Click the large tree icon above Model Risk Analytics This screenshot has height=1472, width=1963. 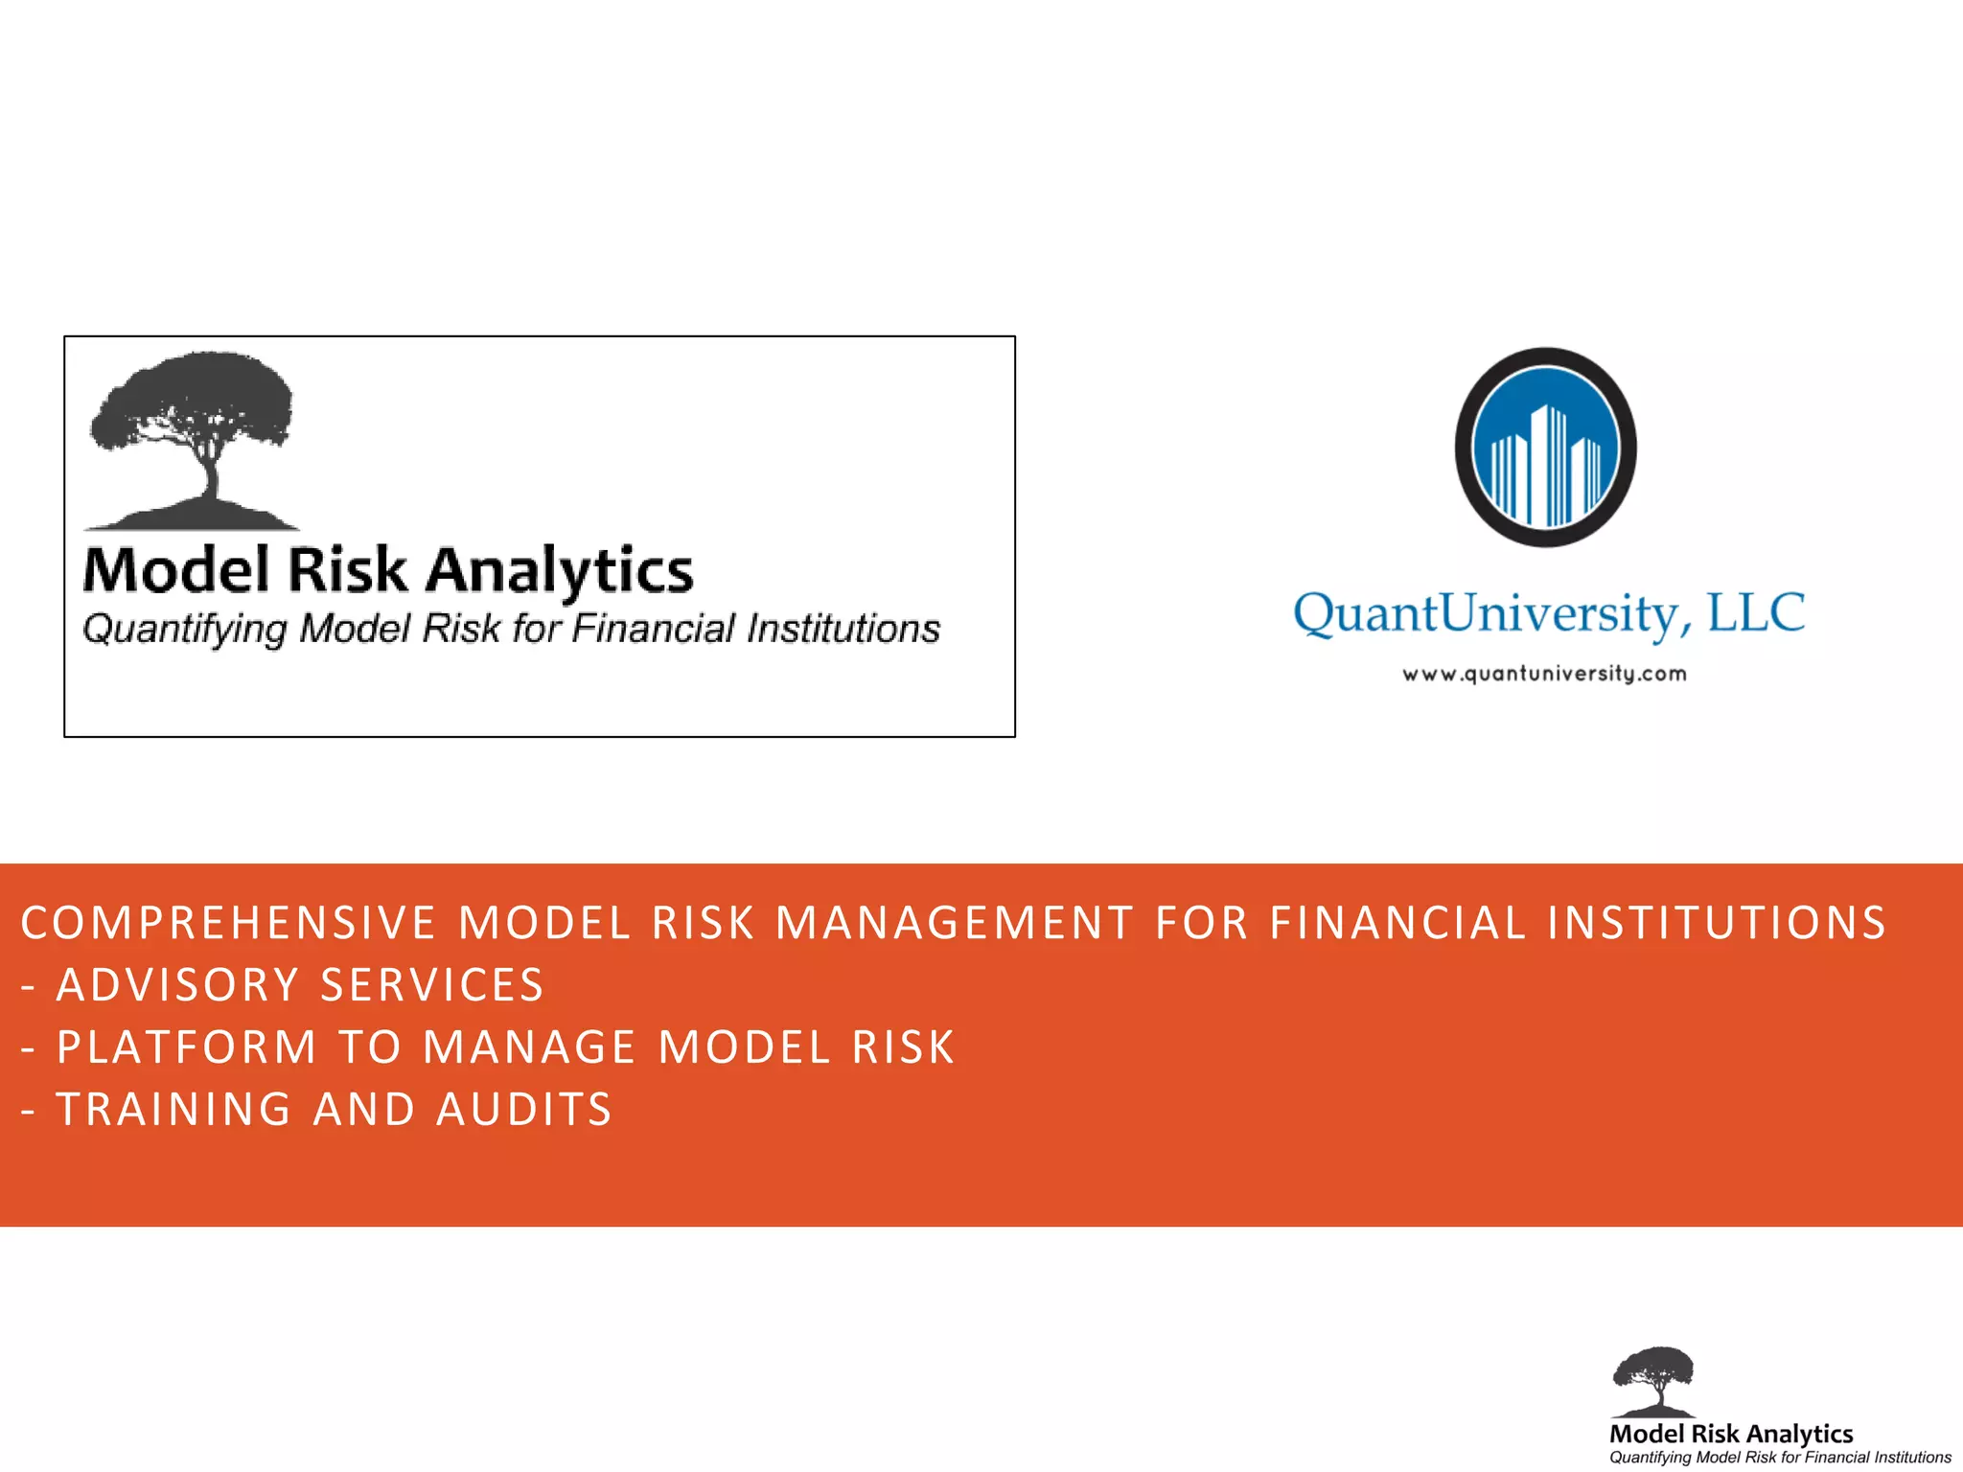click(x=192, y=437)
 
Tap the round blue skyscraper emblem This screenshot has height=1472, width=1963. click(x=1545, y=448)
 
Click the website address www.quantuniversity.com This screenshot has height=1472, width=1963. click(x=1544, y=674)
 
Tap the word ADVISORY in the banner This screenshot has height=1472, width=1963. click(x=178, y=986)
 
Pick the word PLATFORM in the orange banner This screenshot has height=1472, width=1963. click(x=187, y=1047)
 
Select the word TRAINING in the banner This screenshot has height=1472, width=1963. click(x=174, y=1110)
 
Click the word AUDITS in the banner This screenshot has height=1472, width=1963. click(x=524, y=1110)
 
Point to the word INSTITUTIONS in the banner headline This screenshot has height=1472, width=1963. click(x=1717, y=924)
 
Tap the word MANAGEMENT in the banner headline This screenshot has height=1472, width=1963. click(x=955, y=924)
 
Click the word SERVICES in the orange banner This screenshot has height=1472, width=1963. click(x=432, y=986)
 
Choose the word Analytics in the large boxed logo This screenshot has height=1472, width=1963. click(x=559, y=571)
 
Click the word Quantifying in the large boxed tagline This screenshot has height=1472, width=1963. click(x=185, y=630)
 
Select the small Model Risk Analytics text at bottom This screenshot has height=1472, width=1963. click(x=1731, y=1434)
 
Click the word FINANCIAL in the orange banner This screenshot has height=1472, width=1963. click(x=1397, y=924)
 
